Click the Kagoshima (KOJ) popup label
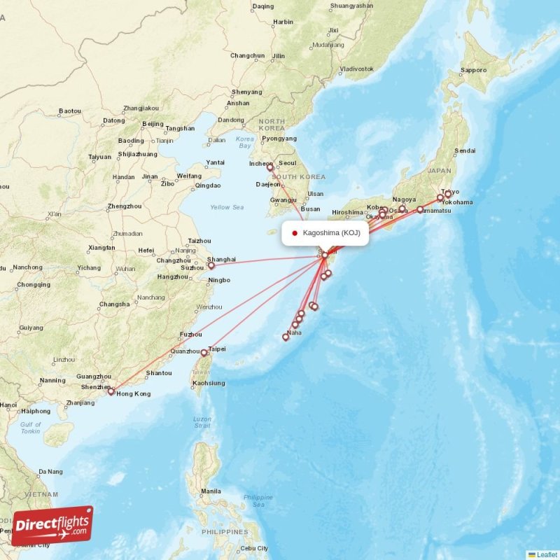pyautogui.click(x=331, y=233)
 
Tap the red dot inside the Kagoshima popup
pyautogui.click(x=295, y=233)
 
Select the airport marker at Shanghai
pyautogui.click(x=211, y=265)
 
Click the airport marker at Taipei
pyautogui.click(x=204, y=353)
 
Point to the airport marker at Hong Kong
pyautogui.click(x=111, y=392)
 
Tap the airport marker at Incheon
pyautogui.click(x=269, y=167)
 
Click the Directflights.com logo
pyautogui.click(x=52, y=526)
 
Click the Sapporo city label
pyautogui.click(x=473, y=70)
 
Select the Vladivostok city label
pyautogui.click(x=356, y=69)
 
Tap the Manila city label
pyautogui.click(x=211, y=491)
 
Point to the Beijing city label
pyautogui.click(x=153, y=124)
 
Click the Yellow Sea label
pyautogui.click(x=227, y=207)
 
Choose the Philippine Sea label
pyautogui.click(x=258, y=500)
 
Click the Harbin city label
pyautogui.click(x=283, y=22)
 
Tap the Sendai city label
pyautogui.click(x=465, y=150)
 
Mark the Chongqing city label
pyautogui.click(x=34, y=285)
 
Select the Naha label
pyautogui.click(x=294, y=332)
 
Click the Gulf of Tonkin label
pyautogui.click(x=30, y=427)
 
